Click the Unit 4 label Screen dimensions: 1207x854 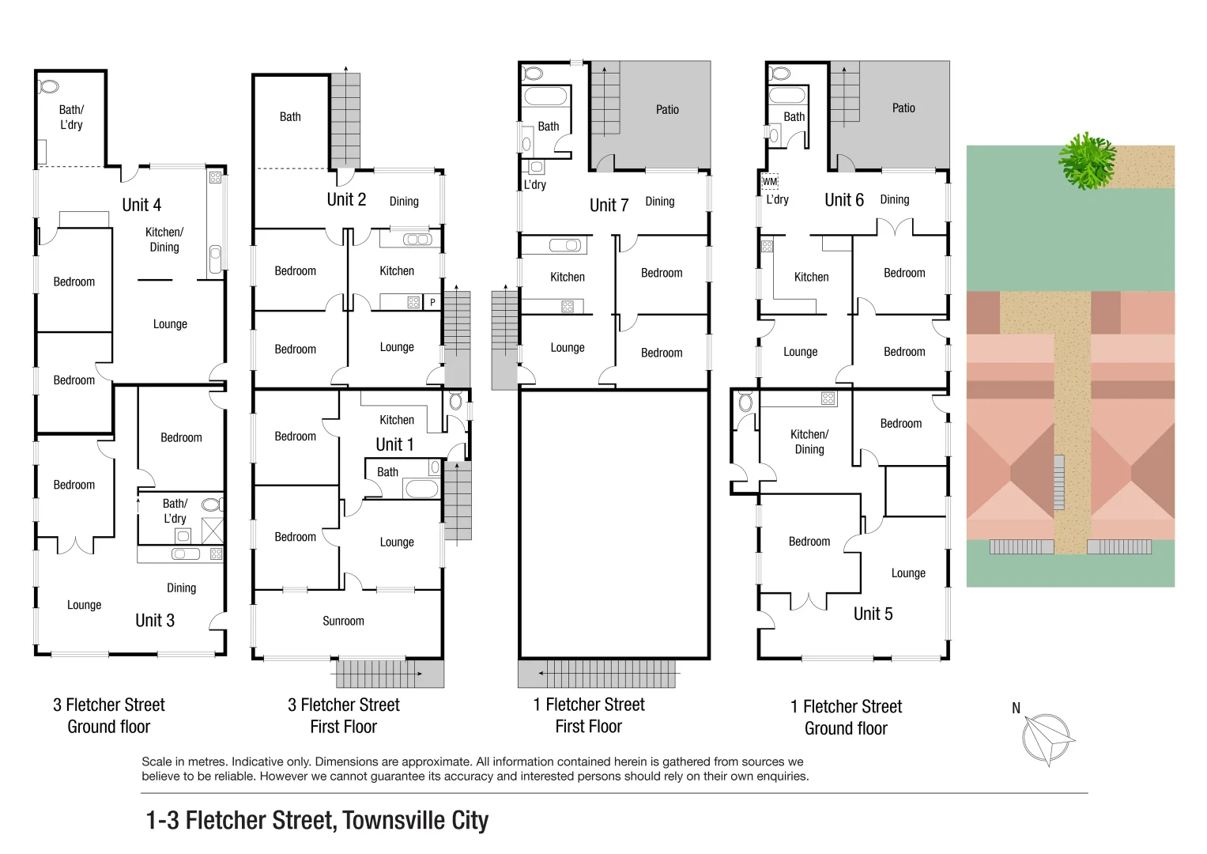tap(141, 205)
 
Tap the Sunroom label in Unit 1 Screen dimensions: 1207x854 tap(343, 621)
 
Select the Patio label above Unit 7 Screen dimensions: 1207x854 tap(667, 110)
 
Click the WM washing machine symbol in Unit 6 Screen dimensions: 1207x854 tap(770, 182)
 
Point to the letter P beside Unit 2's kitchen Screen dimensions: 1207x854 tap(432, 302)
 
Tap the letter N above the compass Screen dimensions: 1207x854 tap(1017, 709)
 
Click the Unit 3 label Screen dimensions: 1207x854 tap(155, 621)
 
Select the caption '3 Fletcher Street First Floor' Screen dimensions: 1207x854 tap(344, 716)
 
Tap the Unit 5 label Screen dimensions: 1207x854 tap(873, 614)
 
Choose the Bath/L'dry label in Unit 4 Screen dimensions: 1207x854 tap(71, 117)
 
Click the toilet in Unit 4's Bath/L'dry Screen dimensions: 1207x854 tap(49, 86)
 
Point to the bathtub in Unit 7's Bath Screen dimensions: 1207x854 tap(545, 97)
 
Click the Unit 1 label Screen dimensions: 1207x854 tap(394, 444)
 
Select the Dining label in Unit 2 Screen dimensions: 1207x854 tap(404, 202)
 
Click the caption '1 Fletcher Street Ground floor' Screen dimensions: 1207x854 tap(846, 717)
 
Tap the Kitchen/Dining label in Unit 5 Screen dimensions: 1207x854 tap(809, 442)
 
